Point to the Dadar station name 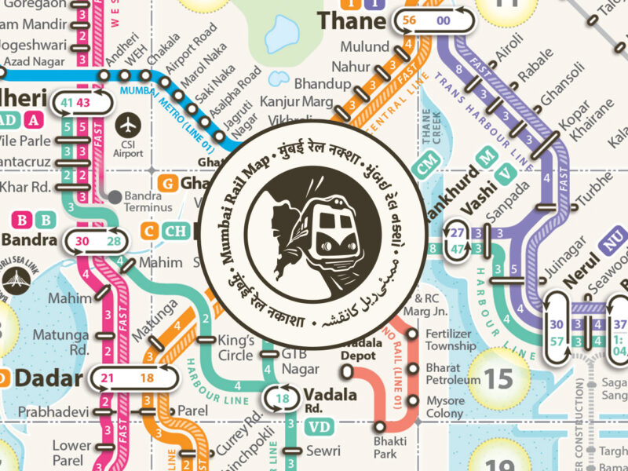pos(49,380)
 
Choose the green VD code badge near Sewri pos(319,427)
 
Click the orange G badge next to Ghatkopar pos(166,183)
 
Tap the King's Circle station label pos(236,348)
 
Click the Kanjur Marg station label pos(287,100)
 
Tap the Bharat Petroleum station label pos(452,374)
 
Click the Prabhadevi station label pos(46,411)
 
